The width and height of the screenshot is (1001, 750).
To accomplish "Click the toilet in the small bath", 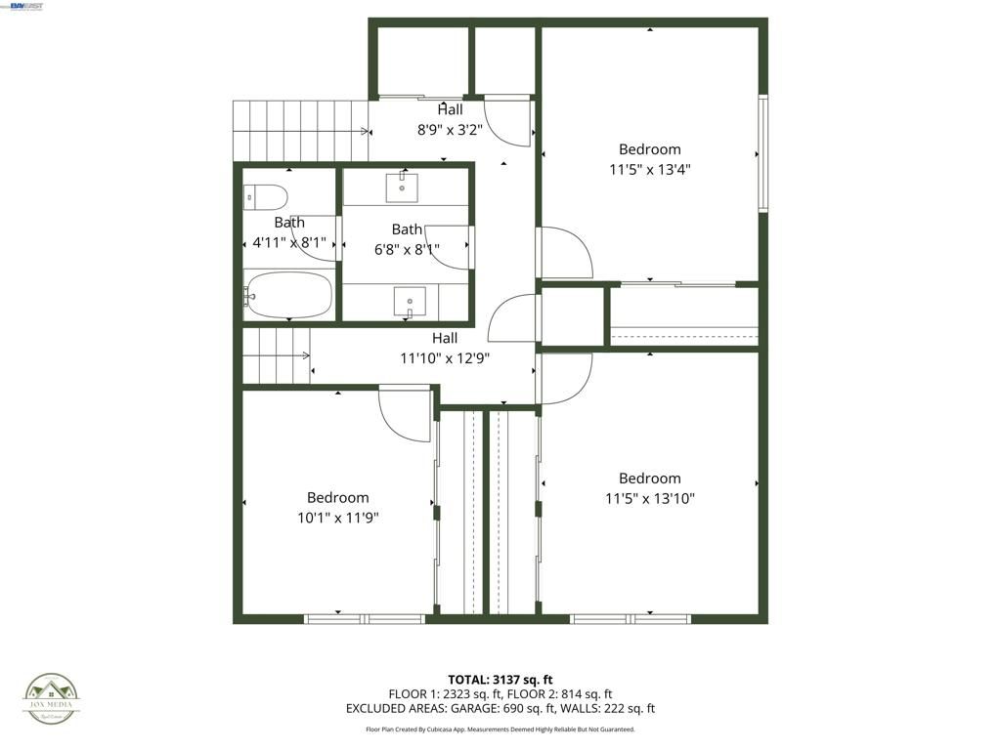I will pos(265,197).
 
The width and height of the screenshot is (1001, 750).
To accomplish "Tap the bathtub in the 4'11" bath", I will pos(289,295).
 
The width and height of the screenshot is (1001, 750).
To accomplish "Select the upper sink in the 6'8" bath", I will pos(402,187).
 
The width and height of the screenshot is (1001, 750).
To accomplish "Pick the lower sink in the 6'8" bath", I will pos(410,301).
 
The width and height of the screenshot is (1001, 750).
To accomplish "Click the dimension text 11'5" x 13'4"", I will pos(649,169).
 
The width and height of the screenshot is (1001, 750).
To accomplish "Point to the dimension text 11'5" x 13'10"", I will pos(649,498).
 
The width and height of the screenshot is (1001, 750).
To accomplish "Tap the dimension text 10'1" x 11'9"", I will pos(337,518).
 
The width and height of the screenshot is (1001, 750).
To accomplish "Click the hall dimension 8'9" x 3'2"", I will pos(450,128).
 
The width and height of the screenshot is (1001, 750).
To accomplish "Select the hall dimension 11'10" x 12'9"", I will pos(445,358).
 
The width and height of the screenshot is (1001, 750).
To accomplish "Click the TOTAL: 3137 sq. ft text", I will pos(500,680).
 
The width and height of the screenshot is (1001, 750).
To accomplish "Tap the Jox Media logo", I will pos(53,699).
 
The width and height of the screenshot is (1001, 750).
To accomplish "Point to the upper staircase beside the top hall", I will pos(299,131).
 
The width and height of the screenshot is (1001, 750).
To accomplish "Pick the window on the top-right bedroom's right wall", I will pos(763,153).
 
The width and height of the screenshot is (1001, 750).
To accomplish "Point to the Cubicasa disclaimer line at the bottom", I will pos(500,729).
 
